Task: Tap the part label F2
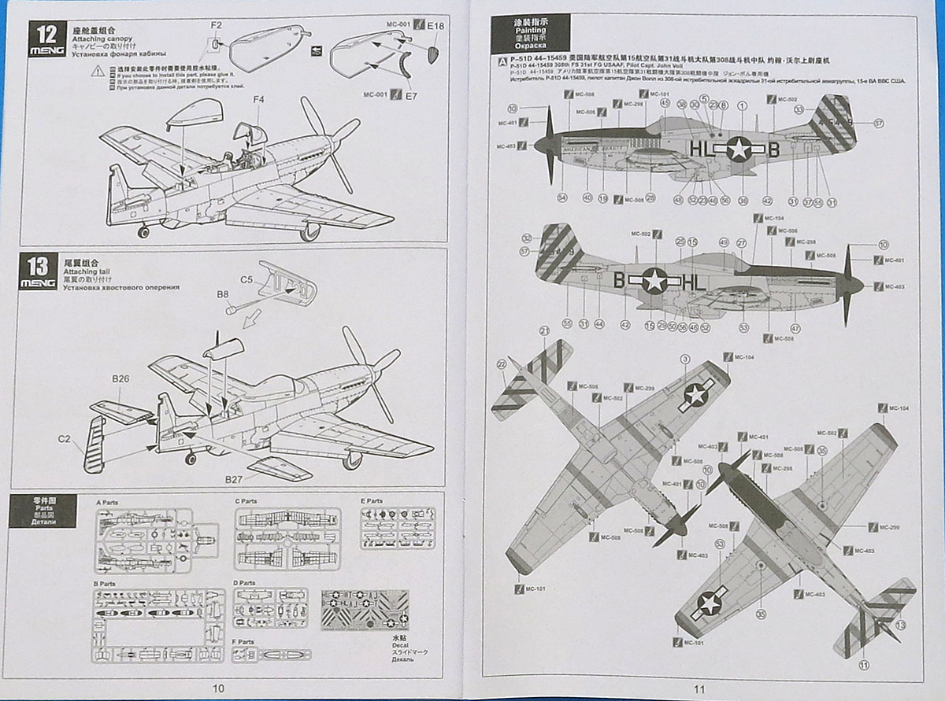[x=217, y=25]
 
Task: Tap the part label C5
[x=246, y=279]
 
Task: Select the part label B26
[x=120, y=379]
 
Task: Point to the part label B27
[x=234, y=479]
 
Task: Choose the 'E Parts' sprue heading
[x=371, y=500]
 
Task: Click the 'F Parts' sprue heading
[x=245, y=641]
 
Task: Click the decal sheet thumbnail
[x=365, y=609]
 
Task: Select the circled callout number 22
[x=502, y=363]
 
